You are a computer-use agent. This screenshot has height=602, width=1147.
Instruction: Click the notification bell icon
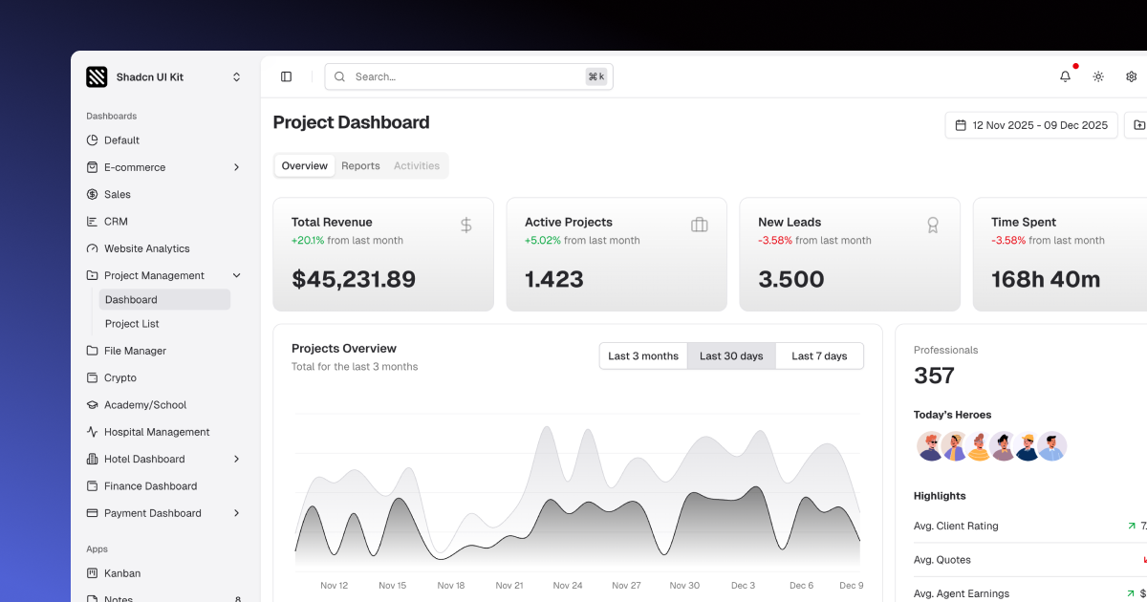(1065, 76)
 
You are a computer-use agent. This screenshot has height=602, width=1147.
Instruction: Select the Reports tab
(360, 166)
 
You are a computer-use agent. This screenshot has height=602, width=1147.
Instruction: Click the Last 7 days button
(819, 356)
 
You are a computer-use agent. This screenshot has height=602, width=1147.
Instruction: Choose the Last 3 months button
(643, 356)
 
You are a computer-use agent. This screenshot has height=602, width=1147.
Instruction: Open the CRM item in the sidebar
(116, 222)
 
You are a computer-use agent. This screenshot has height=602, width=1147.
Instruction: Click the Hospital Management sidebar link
(157, 432)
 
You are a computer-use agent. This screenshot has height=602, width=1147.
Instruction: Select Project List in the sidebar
(132, 324)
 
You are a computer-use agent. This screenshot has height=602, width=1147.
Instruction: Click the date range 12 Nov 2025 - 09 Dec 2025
(1031, 125)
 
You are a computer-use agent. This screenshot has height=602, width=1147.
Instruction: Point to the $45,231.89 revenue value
(354, 279)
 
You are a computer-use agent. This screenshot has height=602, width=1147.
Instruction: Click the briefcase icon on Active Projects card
(699, 226)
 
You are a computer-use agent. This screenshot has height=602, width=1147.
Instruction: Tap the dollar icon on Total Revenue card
(465, 226)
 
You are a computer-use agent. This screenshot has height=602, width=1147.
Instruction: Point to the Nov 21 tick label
(509, 586)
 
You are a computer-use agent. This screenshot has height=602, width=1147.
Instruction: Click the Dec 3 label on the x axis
(743, 586)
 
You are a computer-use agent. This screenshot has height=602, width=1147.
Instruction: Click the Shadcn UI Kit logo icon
(97, 76)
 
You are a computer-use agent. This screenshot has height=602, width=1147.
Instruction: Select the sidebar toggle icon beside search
(286, 76)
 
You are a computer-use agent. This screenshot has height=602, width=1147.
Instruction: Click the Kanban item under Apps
(122, 573)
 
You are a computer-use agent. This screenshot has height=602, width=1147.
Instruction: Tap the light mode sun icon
(1098, 76)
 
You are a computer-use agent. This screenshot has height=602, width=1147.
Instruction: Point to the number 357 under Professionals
(934, 376)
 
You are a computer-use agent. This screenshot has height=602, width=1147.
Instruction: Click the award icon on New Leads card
(932, 226)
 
